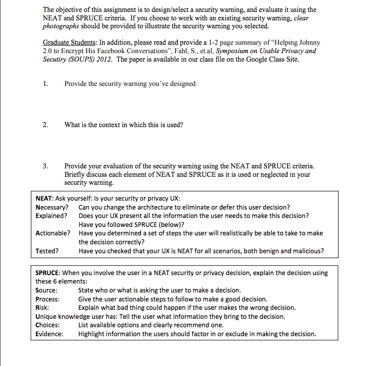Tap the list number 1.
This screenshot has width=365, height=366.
pyautogui.click(x=46, y=84)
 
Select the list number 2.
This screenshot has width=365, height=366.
pyautogui.click(x=46, y=125)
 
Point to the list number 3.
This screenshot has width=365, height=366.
pyautogui.click(x=46, y=166)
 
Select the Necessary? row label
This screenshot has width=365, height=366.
pyautogui.click(x=52, y=207)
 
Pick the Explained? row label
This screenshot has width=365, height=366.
pyautogui.click(x=52, y=216)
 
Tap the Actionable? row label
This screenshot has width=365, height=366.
pyautogui.click(x=53, y=233)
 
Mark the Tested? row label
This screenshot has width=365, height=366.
pyautogui.click(x=47, y=251)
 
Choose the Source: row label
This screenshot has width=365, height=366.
pyautogui.click(x=46, y=291)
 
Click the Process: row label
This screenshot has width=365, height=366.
pyautogui.click(x=48, y=299)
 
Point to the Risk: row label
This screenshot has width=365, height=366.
pyautogui.click(x=42, y=308)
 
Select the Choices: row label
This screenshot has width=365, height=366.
pyautogui.click(x=48, y=325)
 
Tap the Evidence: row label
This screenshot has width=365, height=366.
pyautogui.click(x=49, y=334)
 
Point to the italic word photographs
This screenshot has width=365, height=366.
pyautogui.click(x=62, y=26)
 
